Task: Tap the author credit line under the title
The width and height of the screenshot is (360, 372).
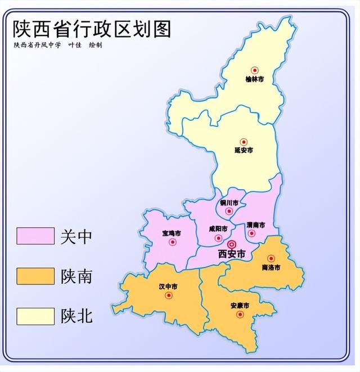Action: pyautogui.click(x=57, y=45)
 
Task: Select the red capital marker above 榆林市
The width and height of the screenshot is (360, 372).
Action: pyautogui.click(x=254, y=70)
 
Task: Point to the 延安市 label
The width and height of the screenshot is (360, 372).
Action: pyautogui.click(x=244, y=150)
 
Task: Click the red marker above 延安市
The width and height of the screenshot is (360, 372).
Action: pyautogui.click(x=244, y=142)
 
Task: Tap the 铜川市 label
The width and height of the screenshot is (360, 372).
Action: pyautogui.click(x=228, y=202)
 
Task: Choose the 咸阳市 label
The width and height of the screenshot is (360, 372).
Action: pyautogui.click(x=218, y=229)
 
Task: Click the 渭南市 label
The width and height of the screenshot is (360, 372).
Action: pyautogui.click(x=255, y=224)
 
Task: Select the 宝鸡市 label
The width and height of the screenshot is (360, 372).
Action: pyautogui.click(x=171, y=233)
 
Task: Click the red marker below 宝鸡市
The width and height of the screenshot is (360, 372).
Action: pyautogui.click(x=173, y=242)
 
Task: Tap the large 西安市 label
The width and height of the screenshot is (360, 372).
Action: pyautogui.click(x=232, y=255)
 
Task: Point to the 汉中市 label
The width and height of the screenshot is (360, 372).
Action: pyautogui.click(x=168, y=287)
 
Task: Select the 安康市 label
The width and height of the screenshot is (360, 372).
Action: pyautogui.click(x=240, y=306)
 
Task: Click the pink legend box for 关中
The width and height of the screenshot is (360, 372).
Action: pyautogui.click(x=35, y=235)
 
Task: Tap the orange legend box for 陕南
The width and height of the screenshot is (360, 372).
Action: pyautogui.click(x=35, y=276)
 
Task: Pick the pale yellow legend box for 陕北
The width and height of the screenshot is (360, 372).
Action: pyautogui.click(x=35, y=316)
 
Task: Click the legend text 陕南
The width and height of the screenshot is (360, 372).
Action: pyautogui.click(x=76, y=276)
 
